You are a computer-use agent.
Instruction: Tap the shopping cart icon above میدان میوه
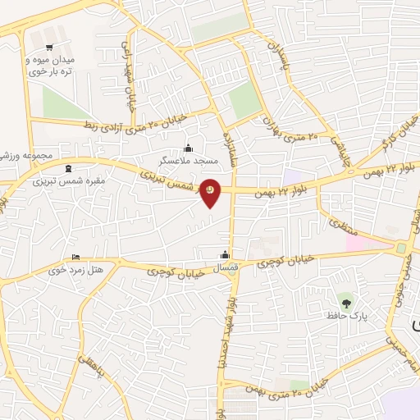[x=50, y=47]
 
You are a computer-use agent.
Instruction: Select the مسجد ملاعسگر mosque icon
[x=189, y=148]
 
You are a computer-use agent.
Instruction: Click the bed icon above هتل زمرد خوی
[x=76, y=257]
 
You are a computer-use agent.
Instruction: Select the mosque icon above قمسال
[x=224, y=254]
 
